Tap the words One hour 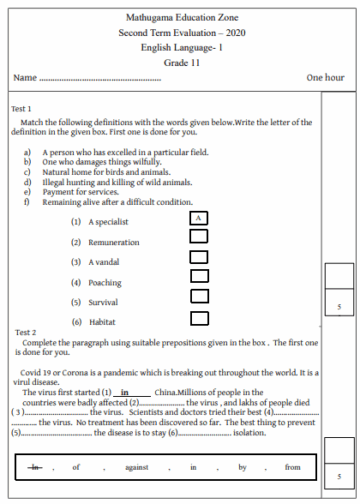tap(326, 77)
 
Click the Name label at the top tap(26, 78)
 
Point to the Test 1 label tap(22, 108)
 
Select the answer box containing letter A tap(199, 190)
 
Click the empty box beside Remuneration tap(199, 208)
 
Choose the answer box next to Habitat tap(199, 290)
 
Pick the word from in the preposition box tap(292, 467)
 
